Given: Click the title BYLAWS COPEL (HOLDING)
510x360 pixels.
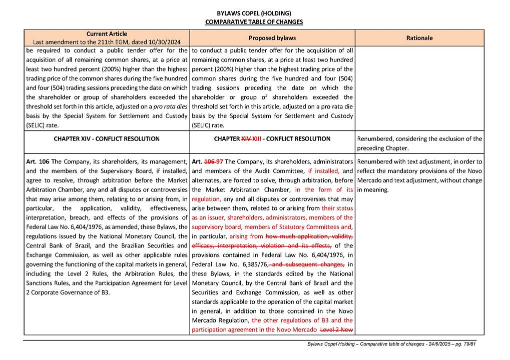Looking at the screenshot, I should pyautogui.click(x=254, y=13).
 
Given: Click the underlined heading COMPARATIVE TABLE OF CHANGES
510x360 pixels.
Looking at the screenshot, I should pyautogui.click(x=254, y=22).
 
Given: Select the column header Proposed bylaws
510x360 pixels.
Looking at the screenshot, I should pyautogui.click(x=272, y=38).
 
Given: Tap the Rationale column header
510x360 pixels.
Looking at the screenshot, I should pyautogui.click(x=419, y=38).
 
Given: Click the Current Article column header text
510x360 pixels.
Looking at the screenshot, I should pyautogui.click(x=107, y=33).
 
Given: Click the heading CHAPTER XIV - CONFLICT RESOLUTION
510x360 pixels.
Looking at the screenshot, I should pyautogui.click(x=107, y=139).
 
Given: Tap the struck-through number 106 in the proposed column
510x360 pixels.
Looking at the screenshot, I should pyautogui.click(x=210, y=161).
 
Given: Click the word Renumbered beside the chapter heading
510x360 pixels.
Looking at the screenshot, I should pyautogui.click(x=376, y=139).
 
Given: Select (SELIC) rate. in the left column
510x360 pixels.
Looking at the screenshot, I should pyautogui.click(x=42, y=125).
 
